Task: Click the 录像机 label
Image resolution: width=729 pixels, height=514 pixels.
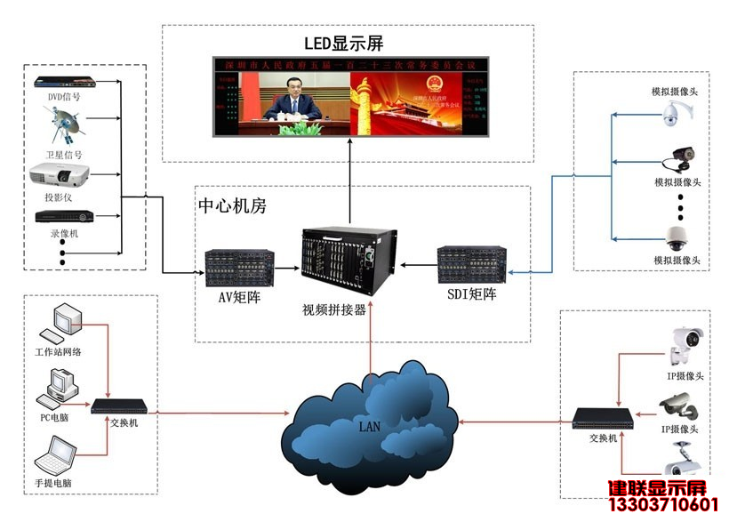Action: [64, 233]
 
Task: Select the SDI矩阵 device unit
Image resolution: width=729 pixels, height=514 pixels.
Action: [471, 264]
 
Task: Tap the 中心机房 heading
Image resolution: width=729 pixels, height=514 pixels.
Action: [232, 206]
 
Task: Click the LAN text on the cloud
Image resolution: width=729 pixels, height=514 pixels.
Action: [370, 427]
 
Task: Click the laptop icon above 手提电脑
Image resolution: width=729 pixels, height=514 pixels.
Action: [58, 457]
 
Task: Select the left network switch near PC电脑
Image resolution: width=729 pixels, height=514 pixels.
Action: [115, 407]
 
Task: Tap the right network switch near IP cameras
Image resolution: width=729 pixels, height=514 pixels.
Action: [602, 417]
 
